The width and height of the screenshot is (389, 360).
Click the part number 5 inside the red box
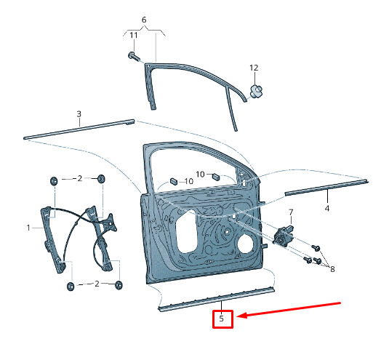point(222,319)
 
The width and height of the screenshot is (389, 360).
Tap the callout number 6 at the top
point(144,20)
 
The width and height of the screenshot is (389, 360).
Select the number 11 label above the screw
point(134,35)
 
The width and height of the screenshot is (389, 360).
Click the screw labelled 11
point(134,56)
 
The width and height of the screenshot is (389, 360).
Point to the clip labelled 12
point(256,91)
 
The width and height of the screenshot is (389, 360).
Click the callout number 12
point(254,68)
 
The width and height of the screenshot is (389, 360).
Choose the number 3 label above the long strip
point(79,114)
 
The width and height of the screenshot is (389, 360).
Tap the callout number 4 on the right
point(327,209)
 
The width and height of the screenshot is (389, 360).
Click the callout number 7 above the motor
point(291,212)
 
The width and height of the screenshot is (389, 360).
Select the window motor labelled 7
point(283,236)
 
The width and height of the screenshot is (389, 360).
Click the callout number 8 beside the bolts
point(333,269)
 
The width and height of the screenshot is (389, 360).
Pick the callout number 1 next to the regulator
point(28,228)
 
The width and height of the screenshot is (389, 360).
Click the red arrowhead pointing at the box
point(241,316)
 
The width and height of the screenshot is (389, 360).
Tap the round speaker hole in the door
point(245,244)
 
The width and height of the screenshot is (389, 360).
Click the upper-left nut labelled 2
point(54,180)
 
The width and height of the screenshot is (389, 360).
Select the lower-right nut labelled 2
point(119,285)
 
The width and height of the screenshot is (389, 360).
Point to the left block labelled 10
point(173,180)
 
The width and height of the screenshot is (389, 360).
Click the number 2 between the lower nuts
point(97,284)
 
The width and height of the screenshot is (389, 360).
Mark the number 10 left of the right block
point(200,175)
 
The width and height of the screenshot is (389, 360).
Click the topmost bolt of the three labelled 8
point(316,247)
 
